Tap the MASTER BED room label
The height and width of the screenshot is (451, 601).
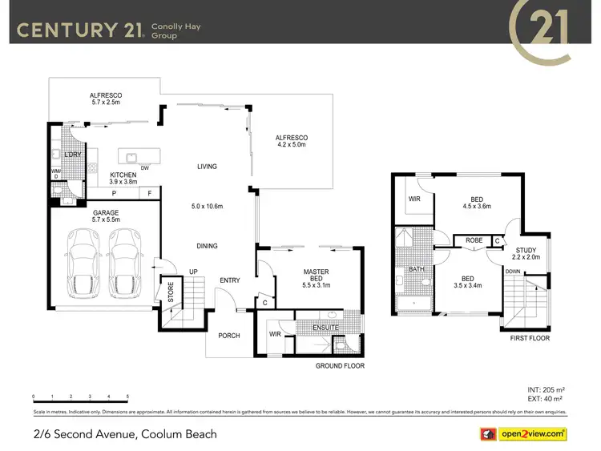coord(317,275)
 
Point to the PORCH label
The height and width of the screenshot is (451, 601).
coord(229,335)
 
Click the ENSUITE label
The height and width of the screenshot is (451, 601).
coord(325,328)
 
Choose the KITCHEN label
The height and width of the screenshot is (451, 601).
coord(112,175)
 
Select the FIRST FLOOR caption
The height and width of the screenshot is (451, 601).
coord(529,339)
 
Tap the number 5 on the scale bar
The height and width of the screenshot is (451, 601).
coord(127,397)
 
